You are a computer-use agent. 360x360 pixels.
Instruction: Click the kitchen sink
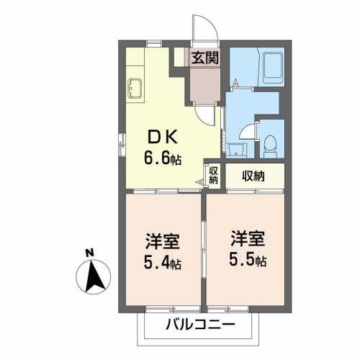coord(135,90)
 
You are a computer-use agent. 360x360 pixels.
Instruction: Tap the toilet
coord(271,146)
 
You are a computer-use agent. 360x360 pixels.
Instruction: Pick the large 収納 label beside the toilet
coord(252,175)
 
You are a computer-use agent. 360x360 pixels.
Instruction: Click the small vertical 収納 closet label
coord(213,175)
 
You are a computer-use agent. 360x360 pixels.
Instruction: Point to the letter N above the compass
coord(89,253)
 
